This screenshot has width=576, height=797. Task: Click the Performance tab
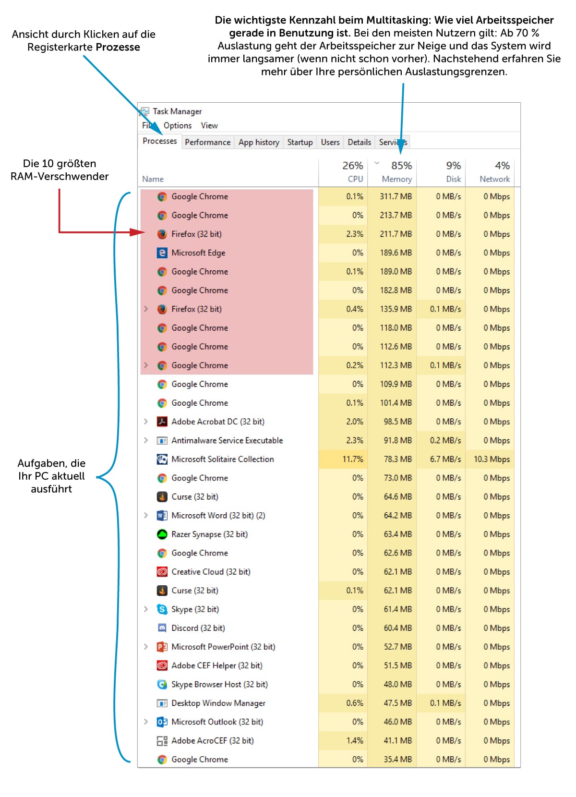click(207, 142)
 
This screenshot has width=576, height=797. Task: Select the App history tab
click(259, 142)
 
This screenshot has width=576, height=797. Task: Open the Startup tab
click(300, 142)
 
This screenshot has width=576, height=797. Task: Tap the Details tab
click(359, 142)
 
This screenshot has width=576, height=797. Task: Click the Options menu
click(177, 125)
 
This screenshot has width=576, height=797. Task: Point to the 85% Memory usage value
click(401, 166)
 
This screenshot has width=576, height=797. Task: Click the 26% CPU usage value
click(352, 166)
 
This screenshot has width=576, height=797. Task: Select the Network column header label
click(494, 179)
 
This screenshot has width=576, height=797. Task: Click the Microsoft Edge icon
click(162, 253)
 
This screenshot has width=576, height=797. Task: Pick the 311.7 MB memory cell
click(396, 196)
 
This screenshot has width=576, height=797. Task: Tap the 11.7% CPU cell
click(352, 459)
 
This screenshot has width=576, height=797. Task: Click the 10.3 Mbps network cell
click(492, 459)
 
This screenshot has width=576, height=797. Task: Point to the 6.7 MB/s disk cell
click(445, 459)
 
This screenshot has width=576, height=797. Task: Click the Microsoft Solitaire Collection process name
click(223, 459)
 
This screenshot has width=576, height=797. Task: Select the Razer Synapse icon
click(162, 534)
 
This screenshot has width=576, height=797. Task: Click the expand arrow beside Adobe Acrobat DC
click(146, 422)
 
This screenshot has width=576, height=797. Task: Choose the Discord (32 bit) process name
click(198, 628)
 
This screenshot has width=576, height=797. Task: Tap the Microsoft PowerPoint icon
click(162, 647)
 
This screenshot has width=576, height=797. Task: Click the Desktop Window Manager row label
click(218, 703)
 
